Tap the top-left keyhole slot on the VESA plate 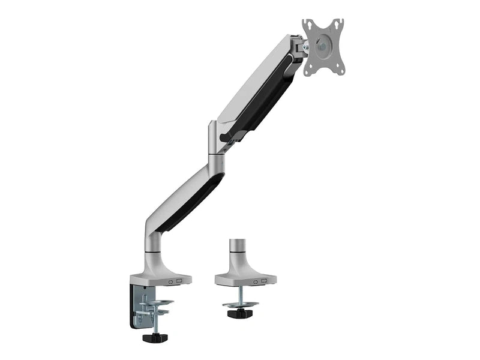(307, 25)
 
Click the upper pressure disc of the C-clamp (157, 302)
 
